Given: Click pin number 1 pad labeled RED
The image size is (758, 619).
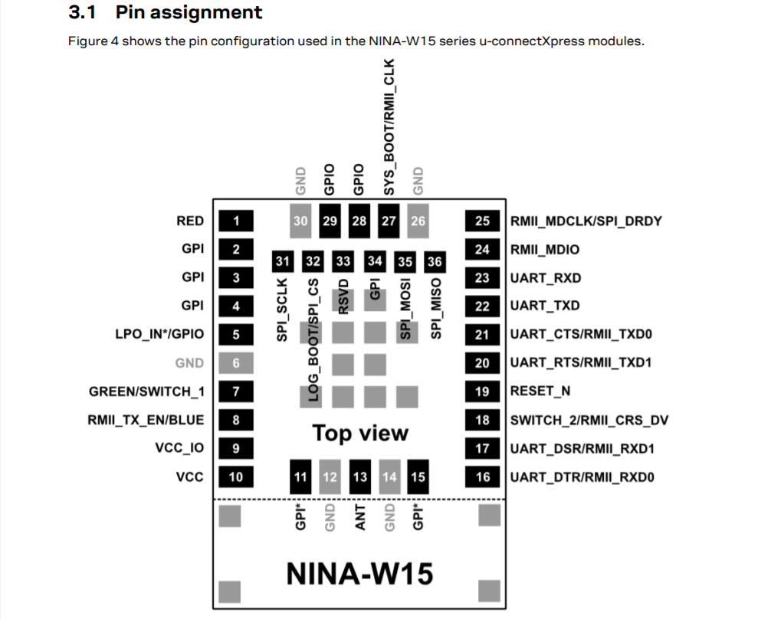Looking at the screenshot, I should [236, 221].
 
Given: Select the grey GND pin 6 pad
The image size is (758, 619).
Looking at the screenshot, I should [236, 363].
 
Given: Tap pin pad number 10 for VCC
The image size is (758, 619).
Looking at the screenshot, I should [236, 477].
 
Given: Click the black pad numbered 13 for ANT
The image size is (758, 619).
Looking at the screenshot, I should [359, 477].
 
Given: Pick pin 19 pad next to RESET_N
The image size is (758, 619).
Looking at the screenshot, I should [482, 391].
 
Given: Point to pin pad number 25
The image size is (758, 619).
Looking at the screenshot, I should [482, 221].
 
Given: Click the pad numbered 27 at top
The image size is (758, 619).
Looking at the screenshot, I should [389, 221].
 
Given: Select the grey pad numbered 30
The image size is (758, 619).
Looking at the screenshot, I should [300, 221].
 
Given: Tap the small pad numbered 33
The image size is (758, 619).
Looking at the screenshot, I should [343, 261].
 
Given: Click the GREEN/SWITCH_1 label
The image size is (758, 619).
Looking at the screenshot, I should [146, 391].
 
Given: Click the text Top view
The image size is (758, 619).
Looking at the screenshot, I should [360, 433].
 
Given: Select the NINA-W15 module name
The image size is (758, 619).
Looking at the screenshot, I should [359, 572].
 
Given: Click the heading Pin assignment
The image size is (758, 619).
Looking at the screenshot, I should [188, 12].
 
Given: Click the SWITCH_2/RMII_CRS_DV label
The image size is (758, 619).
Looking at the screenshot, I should [589, 420].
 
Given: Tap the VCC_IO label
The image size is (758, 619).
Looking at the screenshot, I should [179, 448].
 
